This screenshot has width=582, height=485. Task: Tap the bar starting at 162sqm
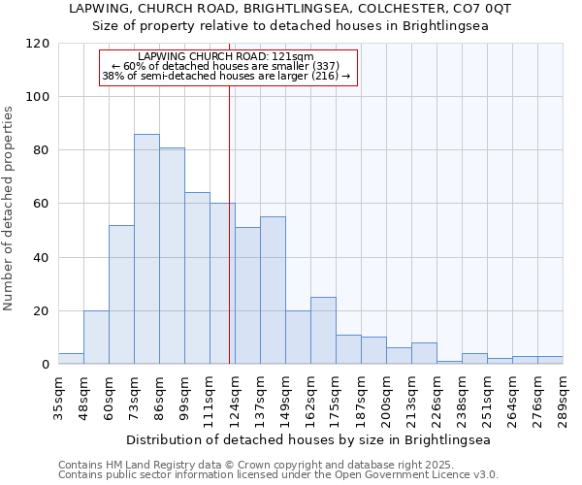tap(323, 331)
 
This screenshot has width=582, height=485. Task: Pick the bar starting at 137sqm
tap(273, 290)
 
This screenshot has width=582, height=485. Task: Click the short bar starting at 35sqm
tap(71, 359)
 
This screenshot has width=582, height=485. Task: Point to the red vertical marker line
tap(230, 223)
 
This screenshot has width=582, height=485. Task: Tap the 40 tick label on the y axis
tap(41, 258)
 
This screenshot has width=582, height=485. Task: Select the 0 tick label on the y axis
tap(45, 365)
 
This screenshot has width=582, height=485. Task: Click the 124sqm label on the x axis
tap(236, 398)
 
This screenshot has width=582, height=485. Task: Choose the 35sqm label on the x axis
tap(59, 398)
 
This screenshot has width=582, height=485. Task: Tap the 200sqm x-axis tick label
tap(387, 398)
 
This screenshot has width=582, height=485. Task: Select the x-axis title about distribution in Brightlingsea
tap(308, 439)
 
